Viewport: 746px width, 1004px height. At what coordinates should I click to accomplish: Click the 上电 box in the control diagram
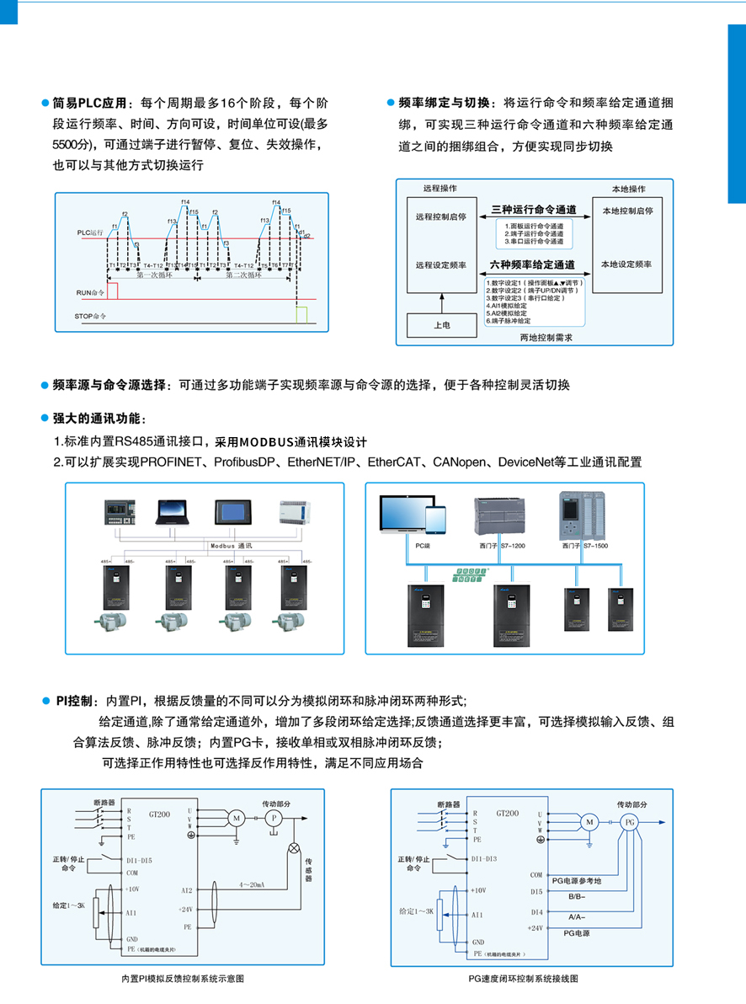click(441, 324)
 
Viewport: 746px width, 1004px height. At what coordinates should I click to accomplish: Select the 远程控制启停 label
click(441, 216)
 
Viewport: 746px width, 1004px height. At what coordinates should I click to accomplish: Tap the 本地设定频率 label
click(626, 264)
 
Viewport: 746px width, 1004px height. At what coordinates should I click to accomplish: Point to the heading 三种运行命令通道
click(534, 209)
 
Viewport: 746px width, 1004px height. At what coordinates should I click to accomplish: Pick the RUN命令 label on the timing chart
click(91, 292)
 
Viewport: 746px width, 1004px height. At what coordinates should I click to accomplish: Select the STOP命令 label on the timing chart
click(93, 318)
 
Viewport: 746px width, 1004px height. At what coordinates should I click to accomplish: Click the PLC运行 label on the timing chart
click(90, 231)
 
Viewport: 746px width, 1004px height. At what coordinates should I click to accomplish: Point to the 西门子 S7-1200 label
click(500, 546)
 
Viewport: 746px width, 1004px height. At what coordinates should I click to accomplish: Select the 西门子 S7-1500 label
click(584, 546)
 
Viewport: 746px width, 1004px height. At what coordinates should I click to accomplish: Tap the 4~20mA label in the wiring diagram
click(251, 885)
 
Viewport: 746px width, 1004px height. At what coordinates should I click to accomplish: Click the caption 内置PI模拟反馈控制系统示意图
click(183, 979)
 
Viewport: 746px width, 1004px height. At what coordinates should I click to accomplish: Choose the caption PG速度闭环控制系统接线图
click(524, 979)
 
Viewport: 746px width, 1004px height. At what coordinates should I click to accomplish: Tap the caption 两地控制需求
click(546, 336)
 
